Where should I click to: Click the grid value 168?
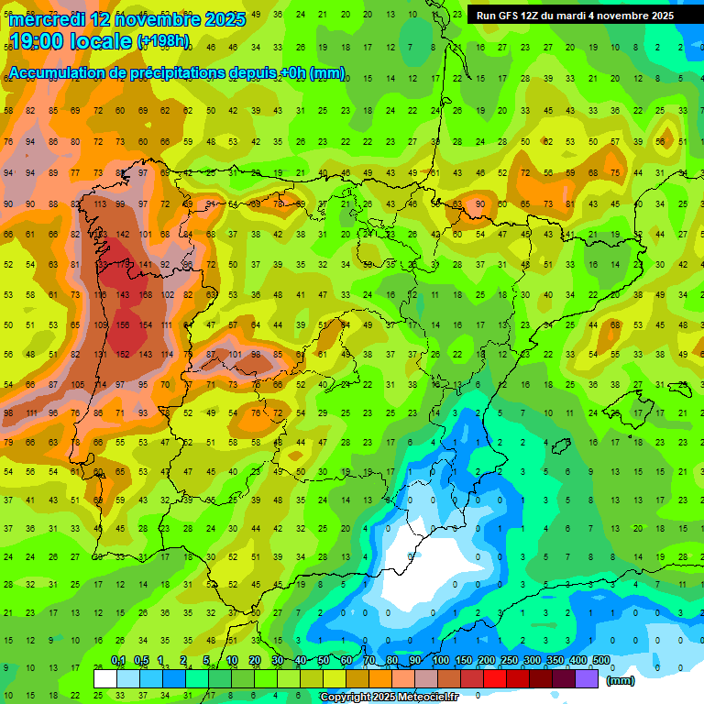(x=146, y=295)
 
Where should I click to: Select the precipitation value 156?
(x=123, y=325)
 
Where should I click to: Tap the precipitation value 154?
(x=146, y=325)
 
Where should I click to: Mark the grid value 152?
(x=123, y=355)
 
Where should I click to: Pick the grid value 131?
(x=100, y=355)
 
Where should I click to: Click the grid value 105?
(x=78, y=385)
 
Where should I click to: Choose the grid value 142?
(x=123, y=235)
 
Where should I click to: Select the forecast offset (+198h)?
(x=163, y=41)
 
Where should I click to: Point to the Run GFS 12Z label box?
(x=575, y=16)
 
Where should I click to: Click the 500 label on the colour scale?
(x=600, y=660)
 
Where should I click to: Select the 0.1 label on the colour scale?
(x=118, y=660)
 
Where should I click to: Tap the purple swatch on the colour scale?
(x=588, y=679)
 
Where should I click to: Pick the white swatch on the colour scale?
(x=105, y=679)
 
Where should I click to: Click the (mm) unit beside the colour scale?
(x=621, y=680)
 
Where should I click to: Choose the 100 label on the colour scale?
(x=440, y=660)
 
